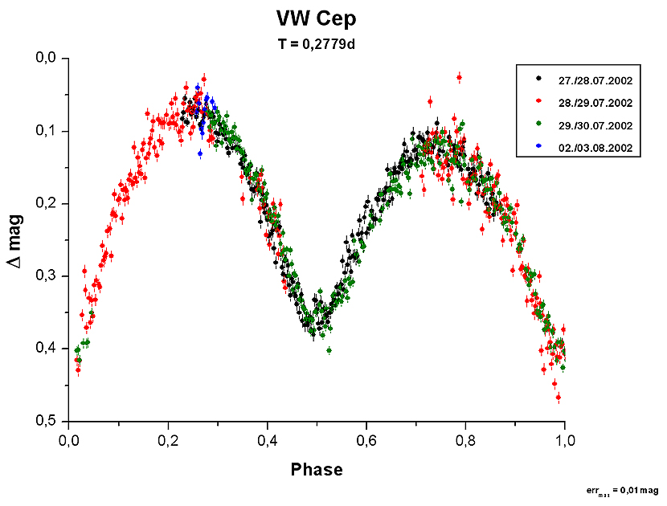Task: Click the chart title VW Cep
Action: [x=315, y=20]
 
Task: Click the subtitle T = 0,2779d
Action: [x=316, y=46]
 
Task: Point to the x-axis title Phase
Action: [x=317, y=470]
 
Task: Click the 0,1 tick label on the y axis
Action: [x=45, y=131]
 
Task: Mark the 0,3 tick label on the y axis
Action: [x=45, y=275]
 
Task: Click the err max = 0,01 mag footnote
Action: [x=624, y=489]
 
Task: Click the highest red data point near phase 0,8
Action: [x=459, y=77]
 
